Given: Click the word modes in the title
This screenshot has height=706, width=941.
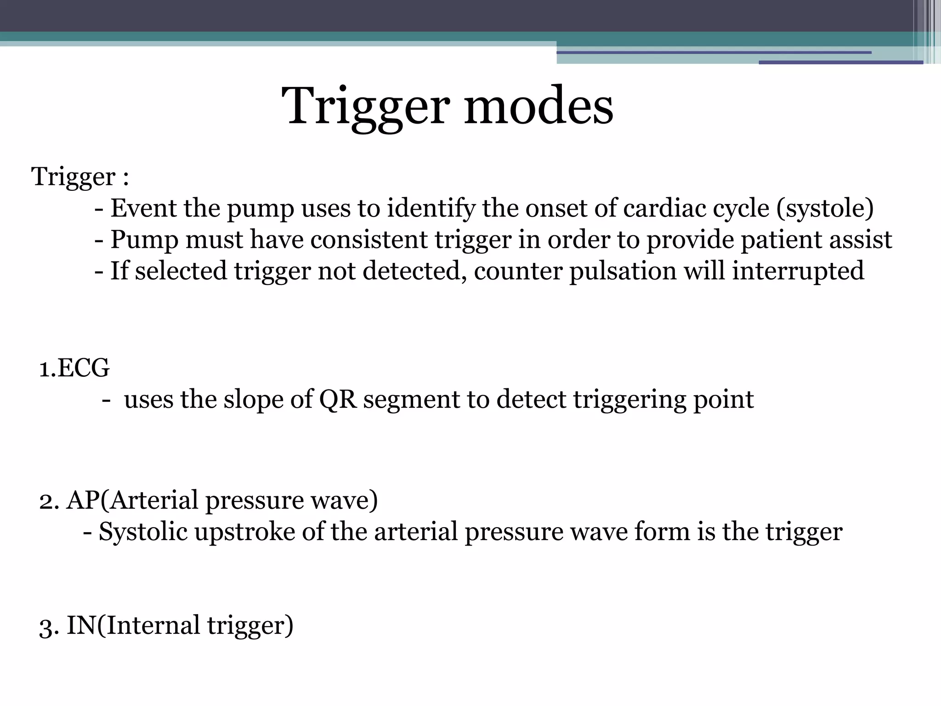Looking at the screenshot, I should pos(538,106).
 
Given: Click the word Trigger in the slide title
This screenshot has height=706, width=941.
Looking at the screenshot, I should pos(365,106).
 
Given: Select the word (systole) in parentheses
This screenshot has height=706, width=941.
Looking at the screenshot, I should pos(825,208).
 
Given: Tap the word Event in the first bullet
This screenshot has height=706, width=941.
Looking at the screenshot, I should pos(143,208).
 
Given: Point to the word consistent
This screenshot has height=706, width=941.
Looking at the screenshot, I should pos(368,239).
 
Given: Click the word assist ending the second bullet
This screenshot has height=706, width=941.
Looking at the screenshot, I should pos(860,239).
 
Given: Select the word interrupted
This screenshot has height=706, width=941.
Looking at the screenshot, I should pos(798,270).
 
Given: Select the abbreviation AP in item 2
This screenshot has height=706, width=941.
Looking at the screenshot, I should pos(81,500).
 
